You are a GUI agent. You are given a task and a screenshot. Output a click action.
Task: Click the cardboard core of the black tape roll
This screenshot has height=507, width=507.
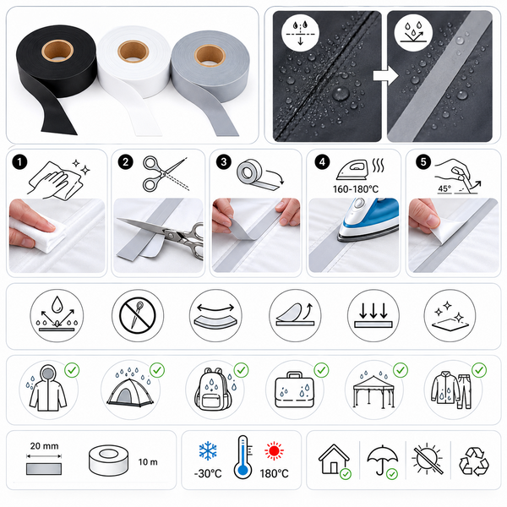(57, 51)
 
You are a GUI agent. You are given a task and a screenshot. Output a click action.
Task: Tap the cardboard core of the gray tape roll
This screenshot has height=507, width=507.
(210, 55)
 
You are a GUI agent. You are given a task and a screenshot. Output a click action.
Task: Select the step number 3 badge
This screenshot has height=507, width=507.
(223, 161)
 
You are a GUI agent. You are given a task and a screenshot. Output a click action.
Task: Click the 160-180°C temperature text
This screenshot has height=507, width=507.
(356, 189)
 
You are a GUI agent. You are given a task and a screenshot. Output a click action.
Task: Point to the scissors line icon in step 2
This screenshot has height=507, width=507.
(165, 174)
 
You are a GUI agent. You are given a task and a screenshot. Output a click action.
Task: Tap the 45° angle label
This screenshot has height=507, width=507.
(444, 188)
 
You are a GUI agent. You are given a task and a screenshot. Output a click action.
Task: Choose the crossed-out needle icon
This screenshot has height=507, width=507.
(138, 315)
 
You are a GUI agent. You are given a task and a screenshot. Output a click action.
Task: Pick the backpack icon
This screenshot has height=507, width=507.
(214, 389)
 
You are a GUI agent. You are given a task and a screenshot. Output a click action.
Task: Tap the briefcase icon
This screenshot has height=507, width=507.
(294, 390)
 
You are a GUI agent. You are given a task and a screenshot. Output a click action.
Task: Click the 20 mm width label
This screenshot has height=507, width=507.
(44, 446)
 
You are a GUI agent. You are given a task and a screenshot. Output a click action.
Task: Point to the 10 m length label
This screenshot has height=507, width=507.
(148, 462)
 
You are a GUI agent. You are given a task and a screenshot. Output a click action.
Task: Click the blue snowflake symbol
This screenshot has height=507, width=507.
(208, 450)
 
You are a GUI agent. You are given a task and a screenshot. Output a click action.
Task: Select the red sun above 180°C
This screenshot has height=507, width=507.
(274, 450)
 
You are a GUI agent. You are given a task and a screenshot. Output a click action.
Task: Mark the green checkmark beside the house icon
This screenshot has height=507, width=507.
(346, 474)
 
